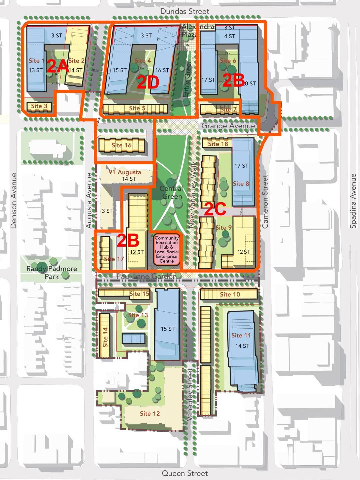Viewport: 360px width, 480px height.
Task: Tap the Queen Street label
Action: tap(185, 473)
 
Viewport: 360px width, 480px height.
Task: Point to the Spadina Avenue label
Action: tap(353, 201)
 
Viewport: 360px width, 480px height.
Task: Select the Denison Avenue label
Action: tap(14, 201)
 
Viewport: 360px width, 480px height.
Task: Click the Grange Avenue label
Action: tap(228, 126)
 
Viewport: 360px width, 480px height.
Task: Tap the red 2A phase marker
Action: tap(58, 66)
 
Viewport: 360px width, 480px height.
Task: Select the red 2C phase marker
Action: tap(215, 209)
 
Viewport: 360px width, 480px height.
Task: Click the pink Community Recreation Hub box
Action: tap(167, 249)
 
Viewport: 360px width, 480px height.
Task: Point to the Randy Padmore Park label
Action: tap(52, 272)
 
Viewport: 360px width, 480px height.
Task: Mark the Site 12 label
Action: tap(150, 414)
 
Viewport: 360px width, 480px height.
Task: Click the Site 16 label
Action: tap(121, 145)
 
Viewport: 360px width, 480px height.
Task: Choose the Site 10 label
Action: tap(230, 294)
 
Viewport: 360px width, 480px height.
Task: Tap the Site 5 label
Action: tap(137, 108)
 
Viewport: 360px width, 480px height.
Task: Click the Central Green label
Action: tap(172, 192)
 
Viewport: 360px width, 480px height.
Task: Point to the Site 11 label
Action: tap(241, 335)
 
